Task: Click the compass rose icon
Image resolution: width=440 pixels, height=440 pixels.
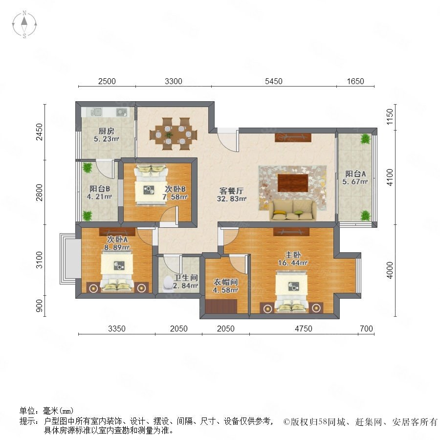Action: tap(24, 24)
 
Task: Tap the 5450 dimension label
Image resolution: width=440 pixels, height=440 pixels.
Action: tap(273, 81)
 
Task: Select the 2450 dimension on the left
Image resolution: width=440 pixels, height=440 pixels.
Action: tap(40, 132)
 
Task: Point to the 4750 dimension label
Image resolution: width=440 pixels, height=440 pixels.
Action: tap(303, 329)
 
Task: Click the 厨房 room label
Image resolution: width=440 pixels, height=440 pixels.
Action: tap(107, 131)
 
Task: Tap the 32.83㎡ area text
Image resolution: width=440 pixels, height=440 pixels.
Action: tap(232, 198)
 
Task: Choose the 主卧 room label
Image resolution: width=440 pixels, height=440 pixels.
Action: tap(293, 255)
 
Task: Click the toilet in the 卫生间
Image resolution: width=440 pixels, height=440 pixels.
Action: tap(168, 283)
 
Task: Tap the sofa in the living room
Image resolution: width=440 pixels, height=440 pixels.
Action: tap(293, 210)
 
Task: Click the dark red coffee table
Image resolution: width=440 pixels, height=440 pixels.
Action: tap(293, 183)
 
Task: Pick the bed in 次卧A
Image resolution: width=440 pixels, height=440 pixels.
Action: tap(117, 270)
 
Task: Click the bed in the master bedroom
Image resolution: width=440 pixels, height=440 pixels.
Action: tap(292, 291)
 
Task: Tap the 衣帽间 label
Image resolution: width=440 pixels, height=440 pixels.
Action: tap(225, 282)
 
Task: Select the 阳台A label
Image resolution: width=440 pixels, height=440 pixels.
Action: tap(355, 174)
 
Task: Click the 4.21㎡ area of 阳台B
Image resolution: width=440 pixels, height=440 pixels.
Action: tap(99, 197)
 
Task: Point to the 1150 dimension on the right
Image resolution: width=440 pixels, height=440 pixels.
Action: tap(390, 117)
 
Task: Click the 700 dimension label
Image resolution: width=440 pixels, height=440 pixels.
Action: tap(366, 329)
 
